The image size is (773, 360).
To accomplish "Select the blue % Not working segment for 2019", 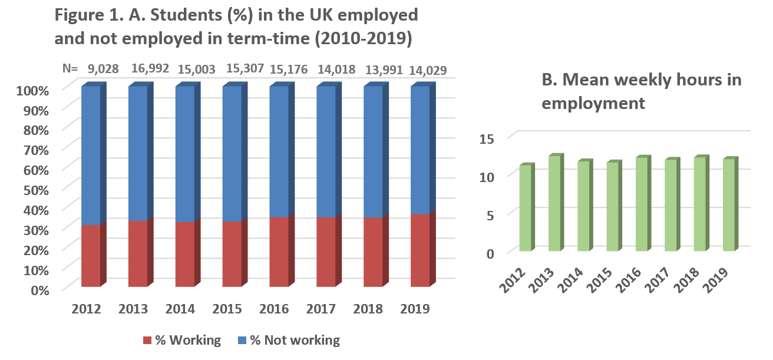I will pyautogui.click(x=420, y=151).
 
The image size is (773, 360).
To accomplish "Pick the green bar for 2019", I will pyautogui.click(x=729, y=206).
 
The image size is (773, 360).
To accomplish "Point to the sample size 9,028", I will pyautogui.click(x=103, y=69).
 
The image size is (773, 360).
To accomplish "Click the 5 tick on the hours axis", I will pyautogui.click(x=494, y=214).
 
